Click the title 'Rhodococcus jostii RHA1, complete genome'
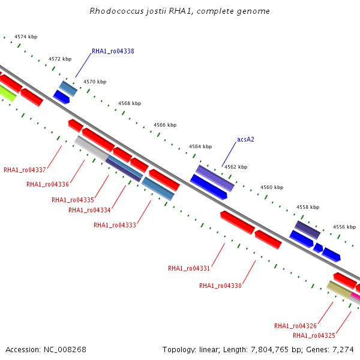click(179, 11)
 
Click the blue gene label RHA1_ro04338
click(113, 52)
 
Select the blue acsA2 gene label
click(245, 139)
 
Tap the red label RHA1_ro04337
click(25, 170)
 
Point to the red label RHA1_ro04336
click(47, 184)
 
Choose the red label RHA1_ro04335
click(73, 200)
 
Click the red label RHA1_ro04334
click(89, 210)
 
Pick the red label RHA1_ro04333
click(115, 225)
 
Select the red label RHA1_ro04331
click(189, 268)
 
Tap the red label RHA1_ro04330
click(220, 286)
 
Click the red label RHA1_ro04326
click(295, 326)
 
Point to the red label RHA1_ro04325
click(314, 335)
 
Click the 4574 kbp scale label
click(26, 37)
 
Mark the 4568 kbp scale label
click(130, 103)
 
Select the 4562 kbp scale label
click(236, 167)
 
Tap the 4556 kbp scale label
click(344, 227)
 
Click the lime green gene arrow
click(6, 92)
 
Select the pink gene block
click(355, 295)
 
